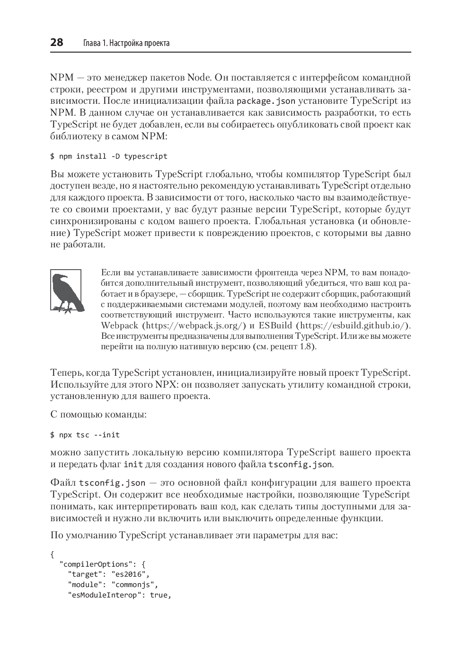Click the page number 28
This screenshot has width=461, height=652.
point(57,43)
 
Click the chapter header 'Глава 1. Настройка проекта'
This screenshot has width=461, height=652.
point(126,43)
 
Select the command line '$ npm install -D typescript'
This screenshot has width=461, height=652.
point(109,156)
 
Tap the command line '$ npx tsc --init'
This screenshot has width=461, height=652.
point(85,435)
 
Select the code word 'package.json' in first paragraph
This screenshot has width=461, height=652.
point(266,101)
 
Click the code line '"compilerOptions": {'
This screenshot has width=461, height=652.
point(103,564)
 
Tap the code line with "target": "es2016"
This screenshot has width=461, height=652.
point(109,574)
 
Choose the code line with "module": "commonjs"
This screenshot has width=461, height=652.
point(114,585)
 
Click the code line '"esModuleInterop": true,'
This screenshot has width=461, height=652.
point(119,595)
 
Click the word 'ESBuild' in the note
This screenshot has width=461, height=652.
point(275,326)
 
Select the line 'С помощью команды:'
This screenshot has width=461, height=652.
point(98,414)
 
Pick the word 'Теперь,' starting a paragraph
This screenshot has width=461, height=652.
point(66,372)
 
